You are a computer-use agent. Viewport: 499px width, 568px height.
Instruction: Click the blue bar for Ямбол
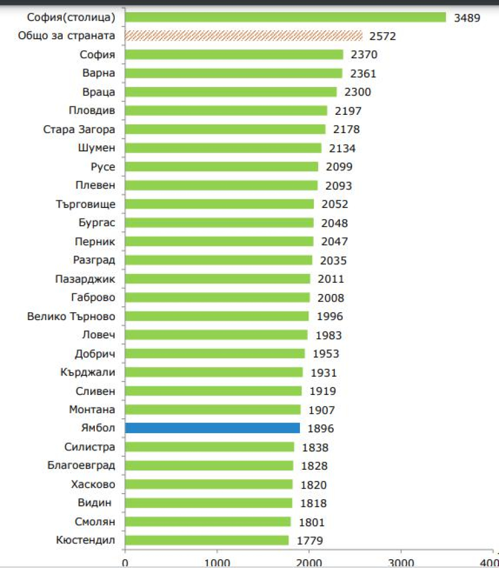click(x=212, y=428)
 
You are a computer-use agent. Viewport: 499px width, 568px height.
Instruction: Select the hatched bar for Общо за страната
click(x=244, y=36)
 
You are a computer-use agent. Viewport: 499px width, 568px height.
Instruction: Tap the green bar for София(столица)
click(x=286, y=17)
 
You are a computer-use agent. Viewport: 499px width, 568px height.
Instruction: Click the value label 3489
click(x=467, y=18)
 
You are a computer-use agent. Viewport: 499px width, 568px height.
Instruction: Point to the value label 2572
click(x=383, y=37)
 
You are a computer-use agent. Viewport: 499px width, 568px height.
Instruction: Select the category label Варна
click(x=99, y=73)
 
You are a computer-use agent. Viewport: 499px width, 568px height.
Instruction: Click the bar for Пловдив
click(x=226, y=110)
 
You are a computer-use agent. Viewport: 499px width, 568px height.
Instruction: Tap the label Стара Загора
click(x=79, y=129)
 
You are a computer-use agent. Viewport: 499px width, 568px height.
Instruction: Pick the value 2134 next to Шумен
click(x=342, y=148)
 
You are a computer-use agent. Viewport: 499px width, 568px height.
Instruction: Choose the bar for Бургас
click(x=220, y=222)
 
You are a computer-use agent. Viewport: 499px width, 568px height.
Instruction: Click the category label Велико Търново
click(x=72, y=316)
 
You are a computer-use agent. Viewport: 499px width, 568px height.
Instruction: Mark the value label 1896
click(x=320, y=429)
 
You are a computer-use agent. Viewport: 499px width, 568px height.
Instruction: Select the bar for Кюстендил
click(x=207, y=540)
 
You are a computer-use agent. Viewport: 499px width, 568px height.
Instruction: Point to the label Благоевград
click(x=82, y=465)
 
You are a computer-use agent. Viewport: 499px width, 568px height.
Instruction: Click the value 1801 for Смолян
click(x=311, y=522)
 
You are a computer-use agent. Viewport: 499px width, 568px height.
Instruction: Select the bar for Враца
click(x=231, y=92)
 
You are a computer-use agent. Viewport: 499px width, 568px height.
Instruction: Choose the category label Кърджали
click(x=88, y=372)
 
